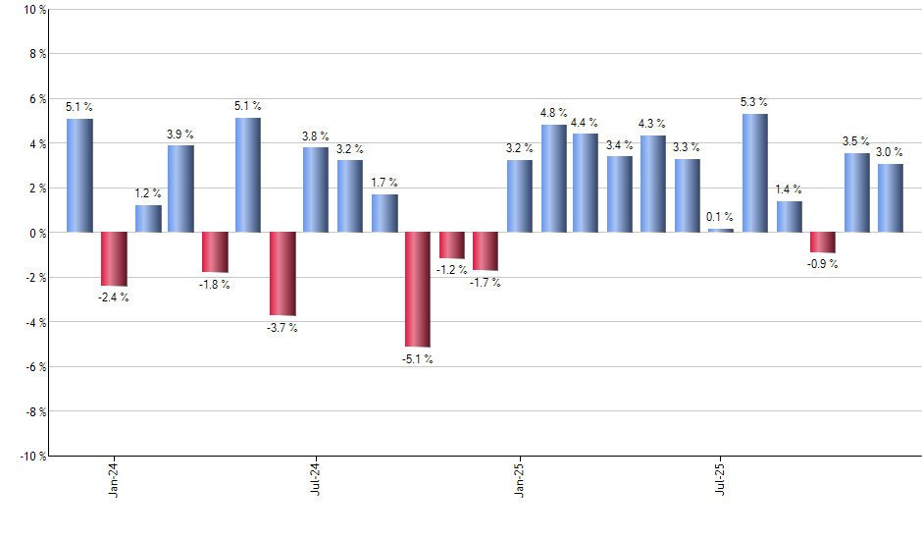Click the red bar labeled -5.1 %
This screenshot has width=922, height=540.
click(418, 289)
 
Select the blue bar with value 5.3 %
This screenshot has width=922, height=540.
click(755, 173)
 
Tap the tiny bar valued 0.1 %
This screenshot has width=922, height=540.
click(721, 230)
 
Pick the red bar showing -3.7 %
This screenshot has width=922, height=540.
click(282, 273)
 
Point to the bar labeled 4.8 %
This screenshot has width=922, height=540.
click(553, 178)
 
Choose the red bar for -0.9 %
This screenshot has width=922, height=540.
click(823, 243)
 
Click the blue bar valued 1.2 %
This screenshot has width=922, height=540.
click(148, 218)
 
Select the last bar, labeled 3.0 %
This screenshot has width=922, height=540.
click(891, 197)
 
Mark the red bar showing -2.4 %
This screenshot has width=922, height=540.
click(114, 258)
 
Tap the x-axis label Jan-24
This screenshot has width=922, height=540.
click(114, 478)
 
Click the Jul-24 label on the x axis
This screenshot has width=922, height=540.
click(316, 478)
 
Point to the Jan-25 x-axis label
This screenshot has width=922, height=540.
click(519, 478)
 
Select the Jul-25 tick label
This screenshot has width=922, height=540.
click(721, 478)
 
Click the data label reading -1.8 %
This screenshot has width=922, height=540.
click(215, 285)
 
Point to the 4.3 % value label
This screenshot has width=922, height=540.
click(653, 124)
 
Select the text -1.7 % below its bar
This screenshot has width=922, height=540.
click(485, 283)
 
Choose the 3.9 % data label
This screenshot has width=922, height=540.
click(180, 134)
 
